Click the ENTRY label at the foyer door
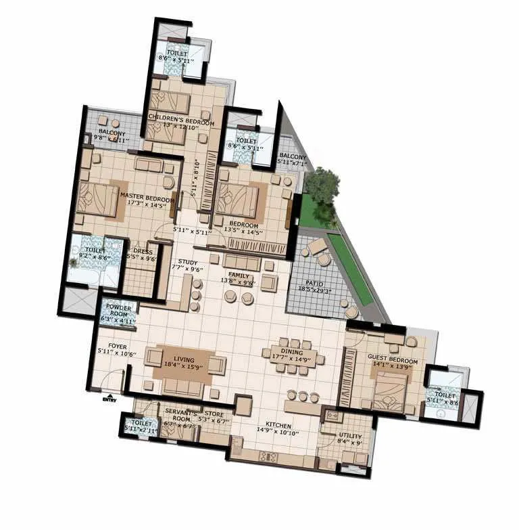click(109, 399)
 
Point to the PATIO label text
click(314, 283)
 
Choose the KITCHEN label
click(278, 425)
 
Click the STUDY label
click(187, 261)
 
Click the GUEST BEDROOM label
click(392, 356)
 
